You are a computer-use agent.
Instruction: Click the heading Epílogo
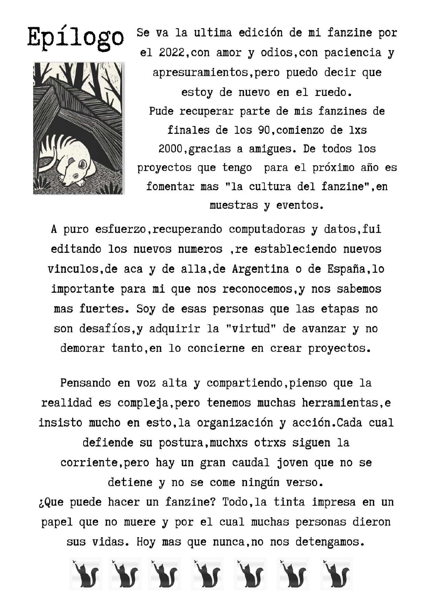click(x=75, y=38)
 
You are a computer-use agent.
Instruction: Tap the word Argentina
click(x=260, y=269)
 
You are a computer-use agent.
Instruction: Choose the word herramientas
click(x=340, y=402)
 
